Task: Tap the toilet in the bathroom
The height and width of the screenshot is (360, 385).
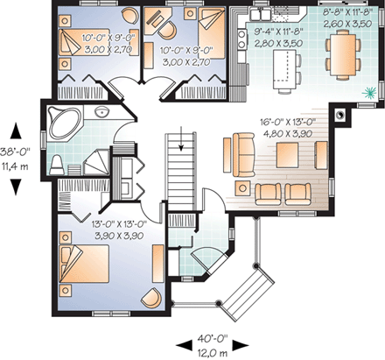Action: pyautogui.click(x=57, y=163)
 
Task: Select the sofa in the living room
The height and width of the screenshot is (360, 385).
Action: pyautogui.click(x=236, y=152)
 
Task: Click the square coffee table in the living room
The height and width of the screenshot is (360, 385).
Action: pyautogui.click(x=287, y=155)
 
